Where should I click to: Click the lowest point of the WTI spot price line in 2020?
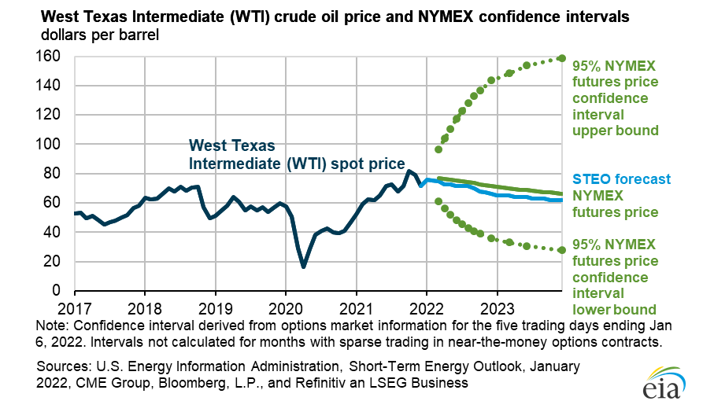pyautogui.click(x=303, y=267)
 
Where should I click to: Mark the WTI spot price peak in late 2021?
pyautogui.click(x=409, y=171)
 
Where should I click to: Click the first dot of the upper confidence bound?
pyautogui.click(x=438, y=149)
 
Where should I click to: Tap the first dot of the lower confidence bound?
pyautogui.click(x=438, y=201)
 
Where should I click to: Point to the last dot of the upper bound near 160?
pyautogui.click(x=561, y=58)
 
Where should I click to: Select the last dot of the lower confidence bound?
pyautogui.click(x=561, y=250)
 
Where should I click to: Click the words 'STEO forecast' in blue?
pyautogui.click(x=610, y=178)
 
